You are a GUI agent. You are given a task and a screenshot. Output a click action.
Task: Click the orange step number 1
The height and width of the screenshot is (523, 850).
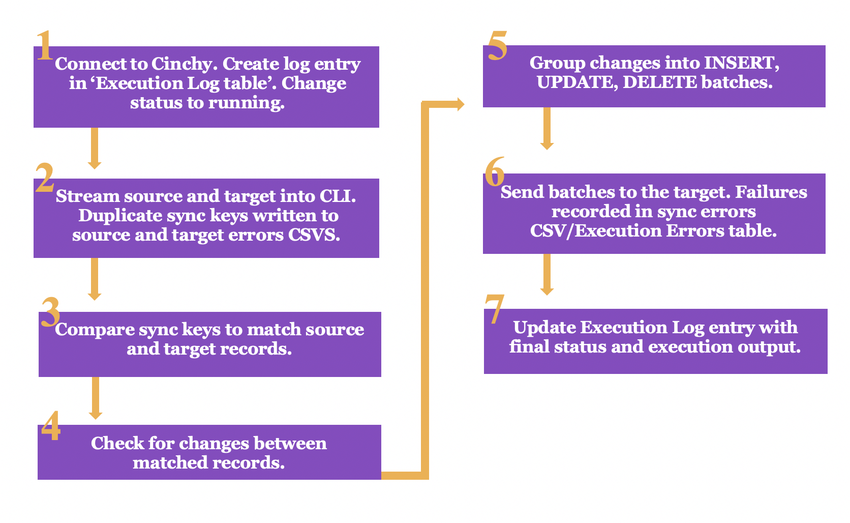pos(45,45)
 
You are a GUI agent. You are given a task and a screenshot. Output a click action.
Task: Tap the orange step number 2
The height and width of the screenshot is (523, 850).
pos(44,178)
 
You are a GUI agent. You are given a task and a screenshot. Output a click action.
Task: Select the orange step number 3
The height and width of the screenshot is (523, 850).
pos(50,312)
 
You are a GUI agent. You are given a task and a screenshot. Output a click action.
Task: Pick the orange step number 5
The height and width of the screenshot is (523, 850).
pos(498,46)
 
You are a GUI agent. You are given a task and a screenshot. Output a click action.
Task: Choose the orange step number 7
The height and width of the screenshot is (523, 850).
pos(495,309)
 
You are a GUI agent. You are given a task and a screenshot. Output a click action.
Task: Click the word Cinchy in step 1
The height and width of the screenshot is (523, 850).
pos(185,64)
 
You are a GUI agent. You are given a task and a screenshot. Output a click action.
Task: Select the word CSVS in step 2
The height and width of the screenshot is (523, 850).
pos(314,235)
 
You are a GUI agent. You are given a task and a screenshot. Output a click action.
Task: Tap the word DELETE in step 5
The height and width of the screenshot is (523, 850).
pos(660,82)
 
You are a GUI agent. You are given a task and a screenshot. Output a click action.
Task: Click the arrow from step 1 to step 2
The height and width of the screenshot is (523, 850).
pos(95,148)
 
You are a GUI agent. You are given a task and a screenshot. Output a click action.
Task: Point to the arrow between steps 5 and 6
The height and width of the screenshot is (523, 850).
pos(547,128)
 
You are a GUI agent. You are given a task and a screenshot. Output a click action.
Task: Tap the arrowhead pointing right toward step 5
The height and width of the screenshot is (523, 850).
pos(461,104)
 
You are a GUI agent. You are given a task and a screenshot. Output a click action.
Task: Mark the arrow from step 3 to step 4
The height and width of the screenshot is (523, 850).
pos(96,398)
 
